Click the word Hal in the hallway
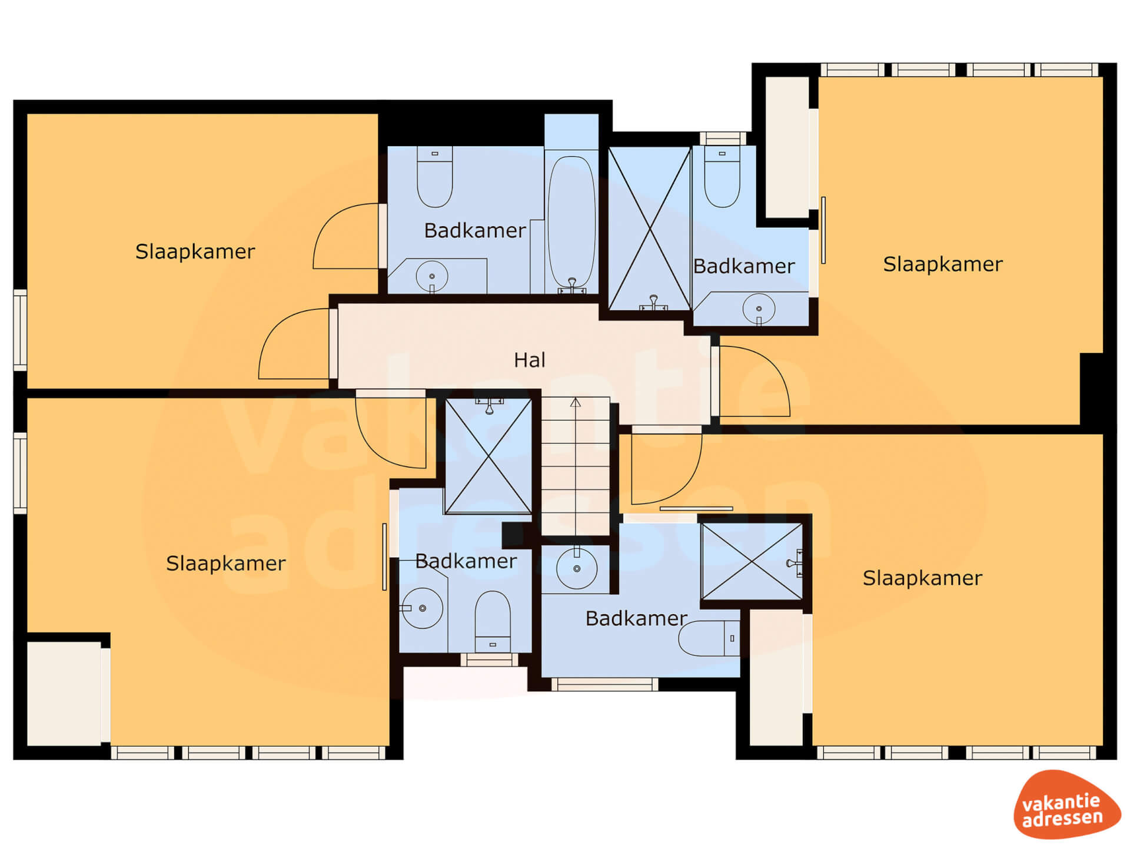(x=529, y=360)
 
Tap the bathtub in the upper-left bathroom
(x=571, y=221)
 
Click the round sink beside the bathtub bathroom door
(x=432, y=276)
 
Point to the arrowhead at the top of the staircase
(x=576, y=402)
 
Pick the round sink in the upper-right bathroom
(x=759, y=309)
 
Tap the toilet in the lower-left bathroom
(x=493, y=621)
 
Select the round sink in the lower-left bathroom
(x=423, y=608)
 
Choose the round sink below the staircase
(x=577, y=568)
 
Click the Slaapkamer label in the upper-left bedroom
(x=195, y=251)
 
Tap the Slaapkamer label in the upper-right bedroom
(x=943, y=264)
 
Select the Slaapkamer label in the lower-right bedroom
(x=922, y=578)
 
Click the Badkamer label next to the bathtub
(x=475, y=230)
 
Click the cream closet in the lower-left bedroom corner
(x=64, y=693)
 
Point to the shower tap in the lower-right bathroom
(x=795, y=564)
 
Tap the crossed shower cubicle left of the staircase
(x=488, y=456)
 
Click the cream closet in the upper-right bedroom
(x=787, y=147)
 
